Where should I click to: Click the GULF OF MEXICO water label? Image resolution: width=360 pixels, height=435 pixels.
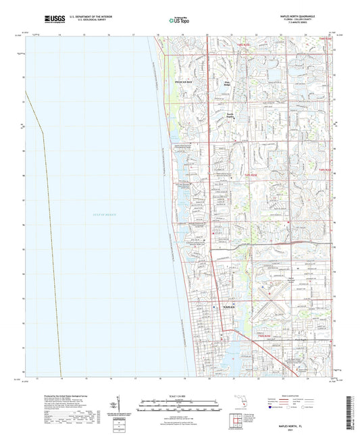click(x=104, y=215)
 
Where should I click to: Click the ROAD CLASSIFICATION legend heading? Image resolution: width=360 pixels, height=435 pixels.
click(x=297, y=396)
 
